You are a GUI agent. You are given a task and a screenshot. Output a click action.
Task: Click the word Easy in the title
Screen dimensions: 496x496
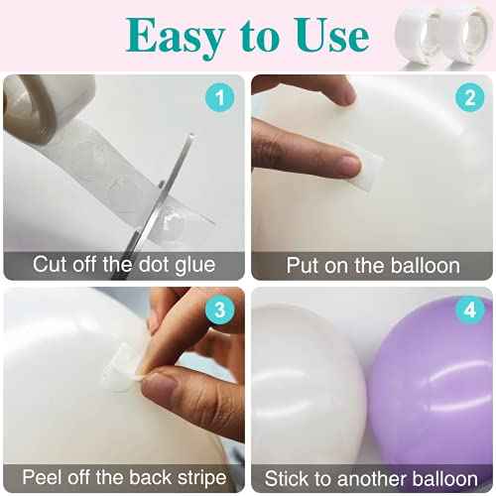click(x=176, y=37)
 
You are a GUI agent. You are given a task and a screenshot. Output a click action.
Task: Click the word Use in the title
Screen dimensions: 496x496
click(x=332, y=35)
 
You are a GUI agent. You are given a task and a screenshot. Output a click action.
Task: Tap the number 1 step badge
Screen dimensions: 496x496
click(x=219, y=97)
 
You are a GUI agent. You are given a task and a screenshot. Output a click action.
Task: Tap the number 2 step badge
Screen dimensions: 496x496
click(x=469, y=97)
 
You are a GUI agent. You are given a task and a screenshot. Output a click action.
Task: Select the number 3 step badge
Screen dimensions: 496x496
click(x=219, y=310)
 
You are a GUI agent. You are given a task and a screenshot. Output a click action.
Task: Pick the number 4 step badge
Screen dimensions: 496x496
click(x=469, y=310)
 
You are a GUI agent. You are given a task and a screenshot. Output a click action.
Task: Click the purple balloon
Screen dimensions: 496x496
click(x=430, y=380)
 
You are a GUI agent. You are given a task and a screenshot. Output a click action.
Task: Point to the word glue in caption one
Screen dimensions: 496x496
click(x=195, y=265)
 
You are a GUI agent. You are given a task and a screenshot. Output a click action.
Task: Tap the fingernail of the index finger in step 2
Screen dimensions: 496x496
click(x=349, y=166)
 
